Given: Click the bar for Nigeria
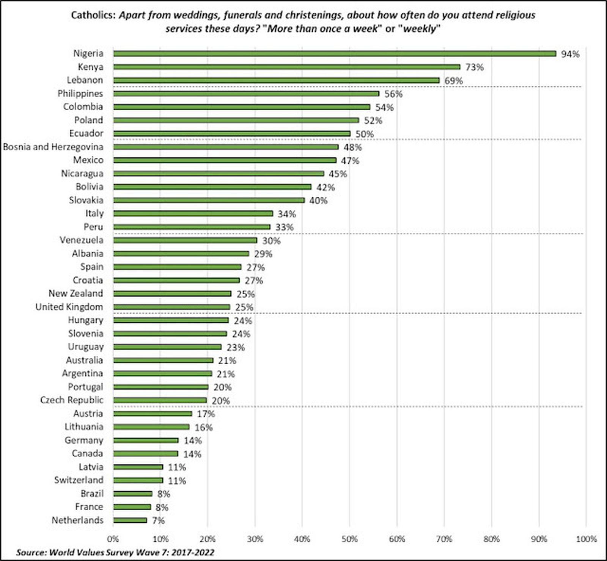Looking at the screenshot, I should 334,54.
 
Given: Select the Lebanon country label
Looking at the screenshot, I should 85,80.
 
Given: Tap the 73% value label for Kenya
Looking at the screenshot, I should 474,67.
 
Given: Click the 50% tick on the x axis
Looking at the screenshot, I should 349,539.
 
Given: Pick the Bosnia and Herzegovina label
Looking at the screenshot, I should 53,147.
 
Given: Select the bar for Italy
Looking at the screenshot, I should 193,213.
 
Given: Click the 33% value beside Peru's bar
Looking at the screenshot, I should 285,227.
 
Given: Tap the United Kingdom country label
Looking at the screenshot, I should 69,307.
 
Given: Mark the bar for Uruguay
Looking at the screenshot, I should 167,347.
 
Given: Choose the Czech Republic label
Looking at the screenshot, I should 72,400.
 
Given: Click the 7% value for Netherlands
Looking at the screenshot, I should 158,520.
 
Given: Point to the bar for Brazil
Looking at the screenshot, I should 132,494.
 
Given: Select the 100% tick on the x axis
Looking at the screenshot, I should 586,539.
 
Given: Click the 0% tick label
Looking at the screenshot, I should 113,539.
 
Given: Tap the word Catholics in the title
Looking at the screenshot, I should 93,15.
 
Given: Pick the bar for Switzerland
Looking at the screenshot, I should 138,480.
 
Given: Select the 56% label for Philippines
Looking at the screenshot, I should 393,94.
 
